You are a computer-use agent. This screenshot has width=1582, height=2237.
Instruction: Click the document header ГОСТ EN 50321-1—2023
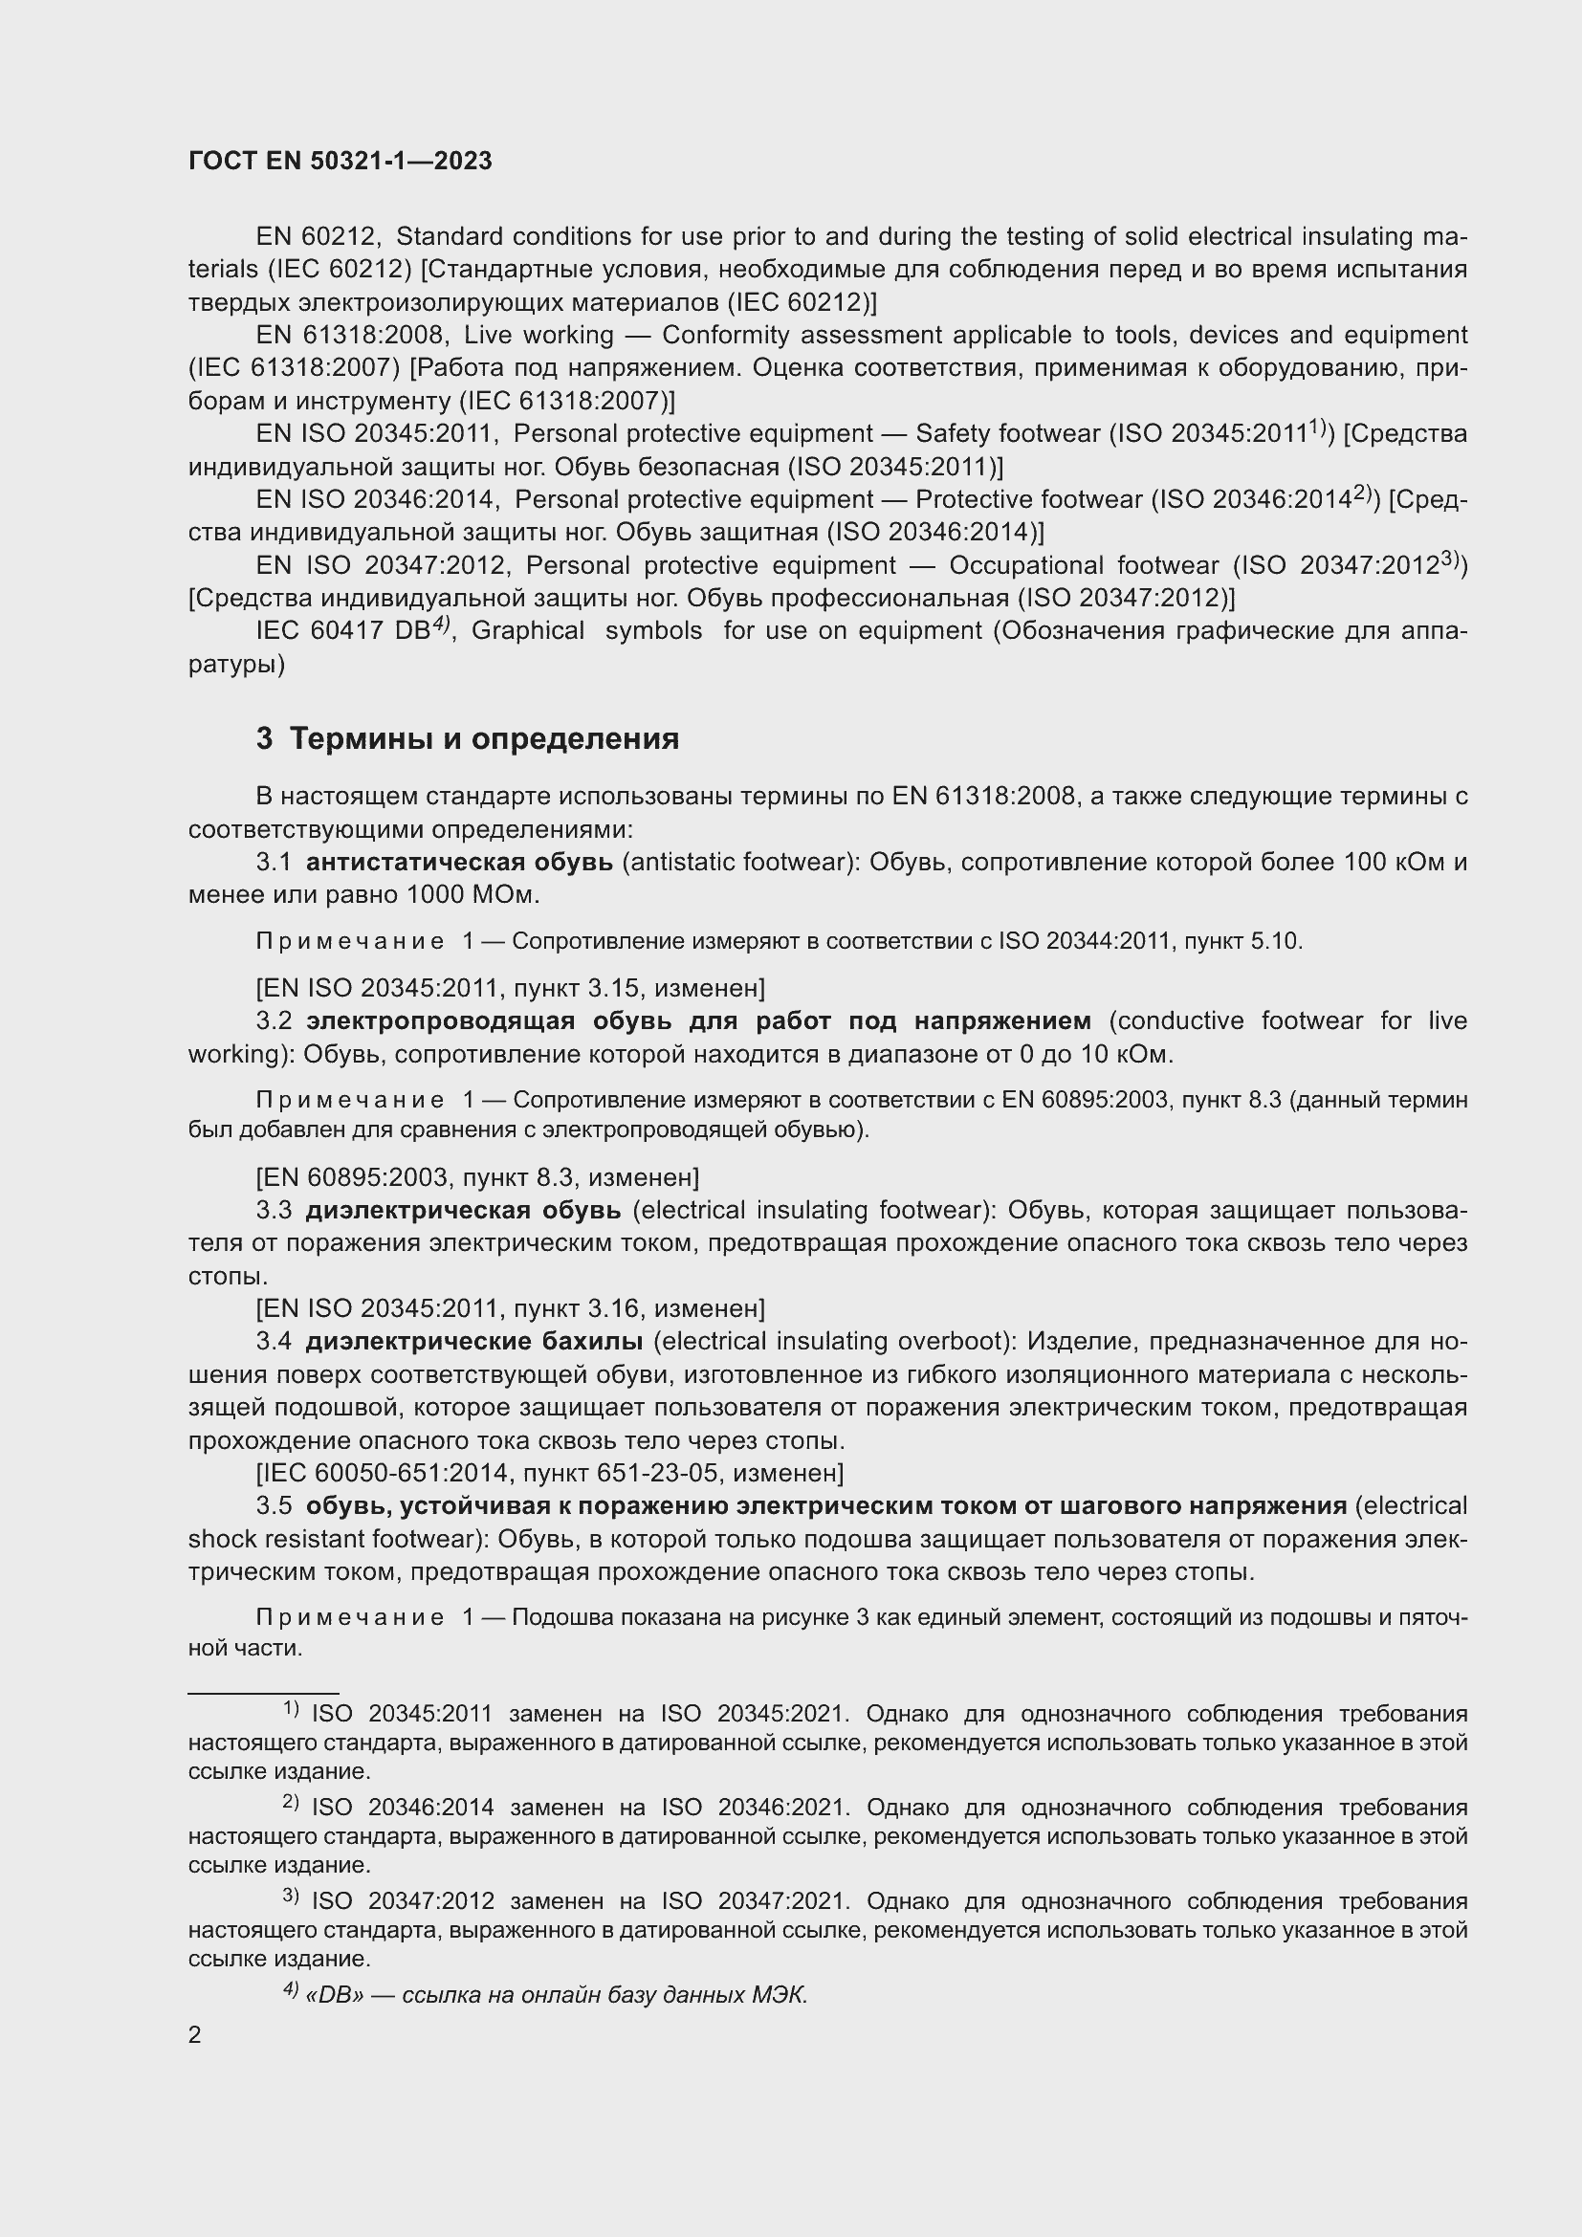point(340,161)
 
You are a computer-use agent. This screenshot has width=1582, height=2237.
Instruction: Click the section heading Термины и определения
point(484,738)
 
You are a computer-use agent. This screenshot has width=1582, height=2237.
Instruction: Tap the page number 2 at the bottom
point(195,2034)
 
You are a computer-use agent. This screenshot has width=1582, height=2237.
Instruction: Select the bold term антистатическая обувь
point(459,862)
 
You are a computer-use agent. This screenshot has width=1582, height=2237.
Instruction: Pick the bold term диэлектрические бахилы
point(473,1341)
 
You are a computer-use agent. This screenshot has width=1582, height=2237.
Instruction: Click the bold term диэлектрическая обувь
point(463,1210)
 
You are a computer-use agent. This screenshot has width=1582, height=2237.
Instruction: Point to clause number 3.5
point(274,1505)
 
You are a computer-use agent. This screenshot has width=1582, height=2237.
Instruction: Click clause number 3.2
point(274,1020)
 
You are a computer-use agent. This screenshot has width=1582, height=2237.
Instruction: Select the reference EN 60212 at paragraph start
point(318,237)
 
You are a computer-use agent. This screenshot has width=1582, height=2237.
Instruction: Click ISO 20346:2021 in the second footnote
point(780,1808)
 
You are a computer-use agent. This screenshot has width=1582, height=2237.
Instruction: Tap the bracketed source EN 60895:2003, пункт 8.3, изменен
point(477,1177)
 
